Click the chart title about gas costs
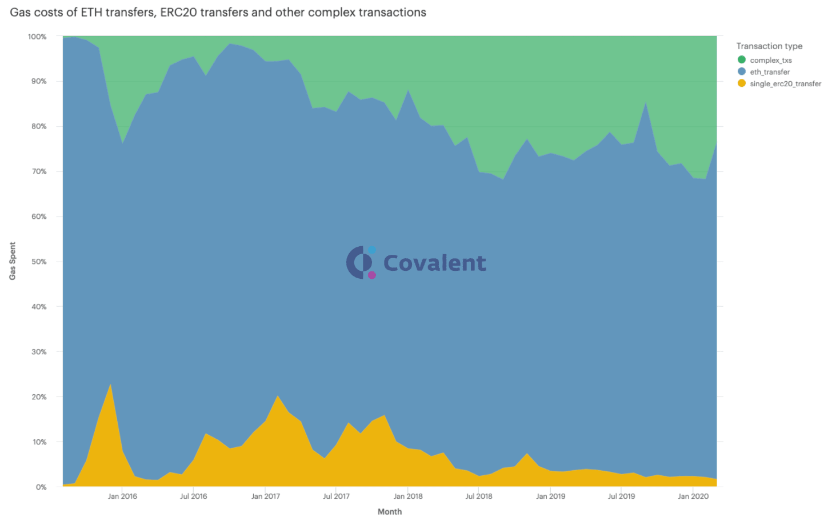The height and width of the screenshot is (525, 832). point(218,13)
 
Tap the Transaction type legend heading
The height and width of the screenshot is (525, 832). point(769,46)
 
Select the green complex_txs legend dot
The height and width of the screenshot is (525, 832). point(742,60)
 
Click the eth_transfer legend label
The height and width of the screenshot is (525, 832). point(770,72)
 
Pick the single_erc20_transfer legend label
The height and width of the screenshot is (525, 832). point(785,84)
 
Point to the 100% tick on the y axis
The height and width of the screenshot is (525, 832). point(37,37)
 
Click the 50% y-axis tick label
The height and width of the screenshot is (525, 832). point(39,262)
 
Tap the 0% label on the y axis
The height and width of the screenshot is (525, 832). point(41,487)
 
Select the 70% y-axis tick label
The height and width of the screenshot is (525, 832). point(39,171)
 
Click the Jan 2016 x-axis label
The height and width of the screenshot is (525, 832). point(122,496)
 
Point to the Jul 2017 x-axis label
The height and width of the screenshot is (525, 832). point(336,496)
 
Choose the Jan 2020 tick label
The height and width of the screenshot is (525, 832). point(693,496)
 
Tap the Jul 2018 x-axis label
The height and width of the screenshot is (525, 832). point(479,496)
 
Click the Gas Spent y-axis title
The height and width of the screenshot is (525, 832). point(13,261)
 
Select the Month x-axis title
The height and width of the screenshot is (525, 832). point(390,512)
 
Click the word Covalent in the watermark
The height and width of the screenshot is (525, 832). point(434,263)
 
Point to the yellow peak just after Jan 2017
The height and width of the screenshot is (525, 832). point(278,396)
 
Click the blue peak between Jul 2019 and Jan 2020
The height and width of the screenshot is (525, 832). point(646,103)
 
